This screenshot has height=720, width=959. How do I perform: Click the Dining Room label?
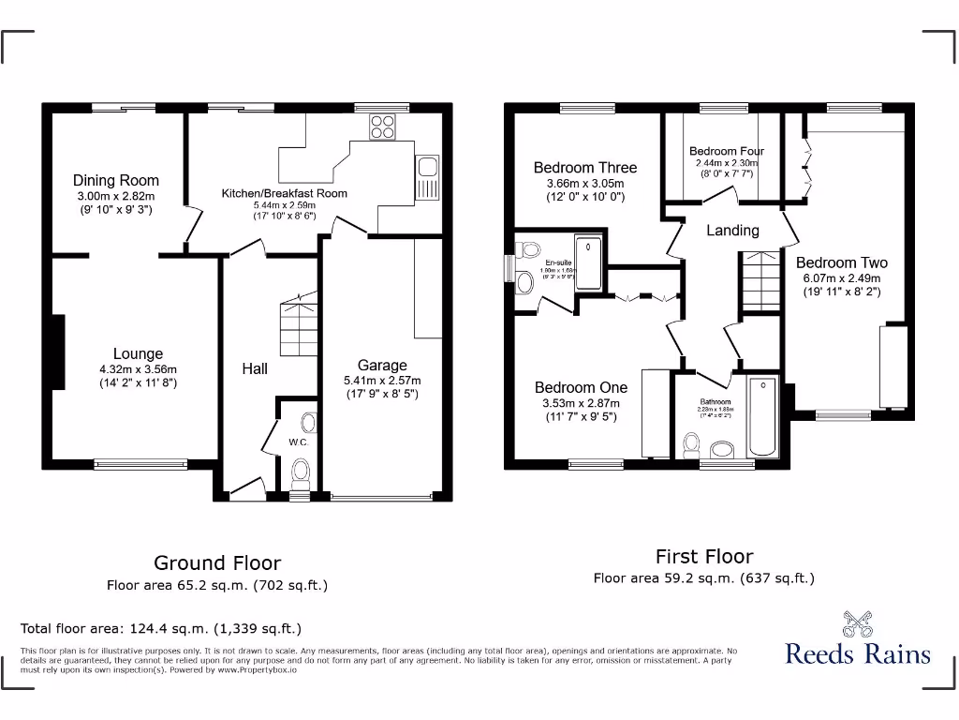click(x=116, y=180)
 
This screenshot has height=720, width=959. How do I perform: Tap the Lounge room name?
click(x=138, y=353)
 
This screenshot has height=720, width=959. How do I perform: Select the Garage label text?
click(x=382, y=366)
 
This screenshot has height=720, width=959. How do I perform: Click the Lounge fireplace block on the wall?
click(x=58, y=352)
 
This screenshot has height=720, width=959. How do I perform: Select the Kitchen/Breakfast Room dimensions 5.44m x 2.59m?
click(x=284, y=204)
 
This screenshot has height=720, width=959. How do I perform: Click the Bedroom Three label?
click(x=584, y=168)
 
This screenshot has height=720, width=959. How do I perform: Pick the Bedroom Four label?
click(x=726, y=151)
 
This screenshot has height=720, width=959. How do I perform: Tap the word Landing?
click(x=732, y=230)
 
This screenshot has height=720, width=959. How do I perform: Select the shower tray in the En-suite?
click(x=589, y=262)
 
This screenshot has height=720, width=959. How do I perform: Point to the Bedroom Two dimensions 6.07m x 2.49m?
click(x=841, y=277)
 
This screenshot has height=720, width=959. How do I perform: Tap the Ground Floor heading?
click(x=216, y=562)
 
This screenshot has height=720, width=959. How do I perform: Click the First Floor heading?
click(x=703, y=556)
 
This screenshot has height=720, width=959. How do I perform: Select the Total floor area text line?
click(x=161, y=628)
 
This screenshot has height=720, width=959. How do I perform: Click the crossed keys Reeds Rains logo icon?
click(x=857, y=622)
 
